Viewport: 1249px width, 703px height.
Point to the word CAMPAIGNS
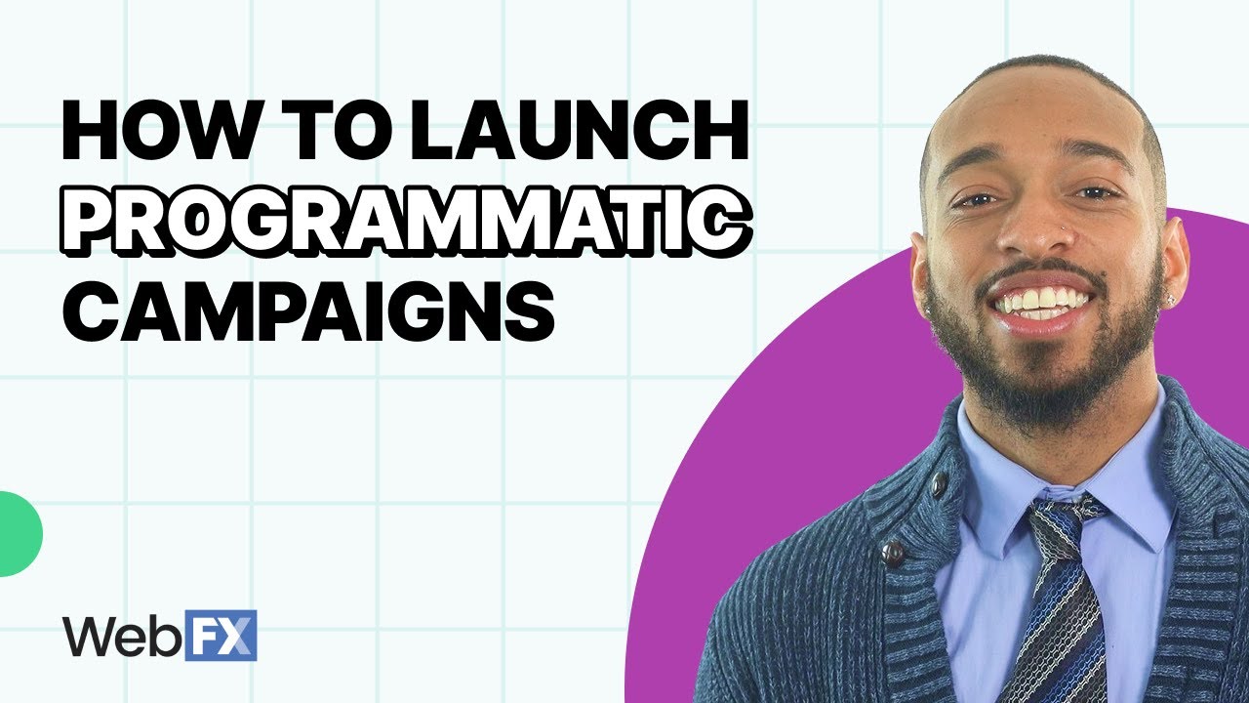(x=307, y=310)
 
